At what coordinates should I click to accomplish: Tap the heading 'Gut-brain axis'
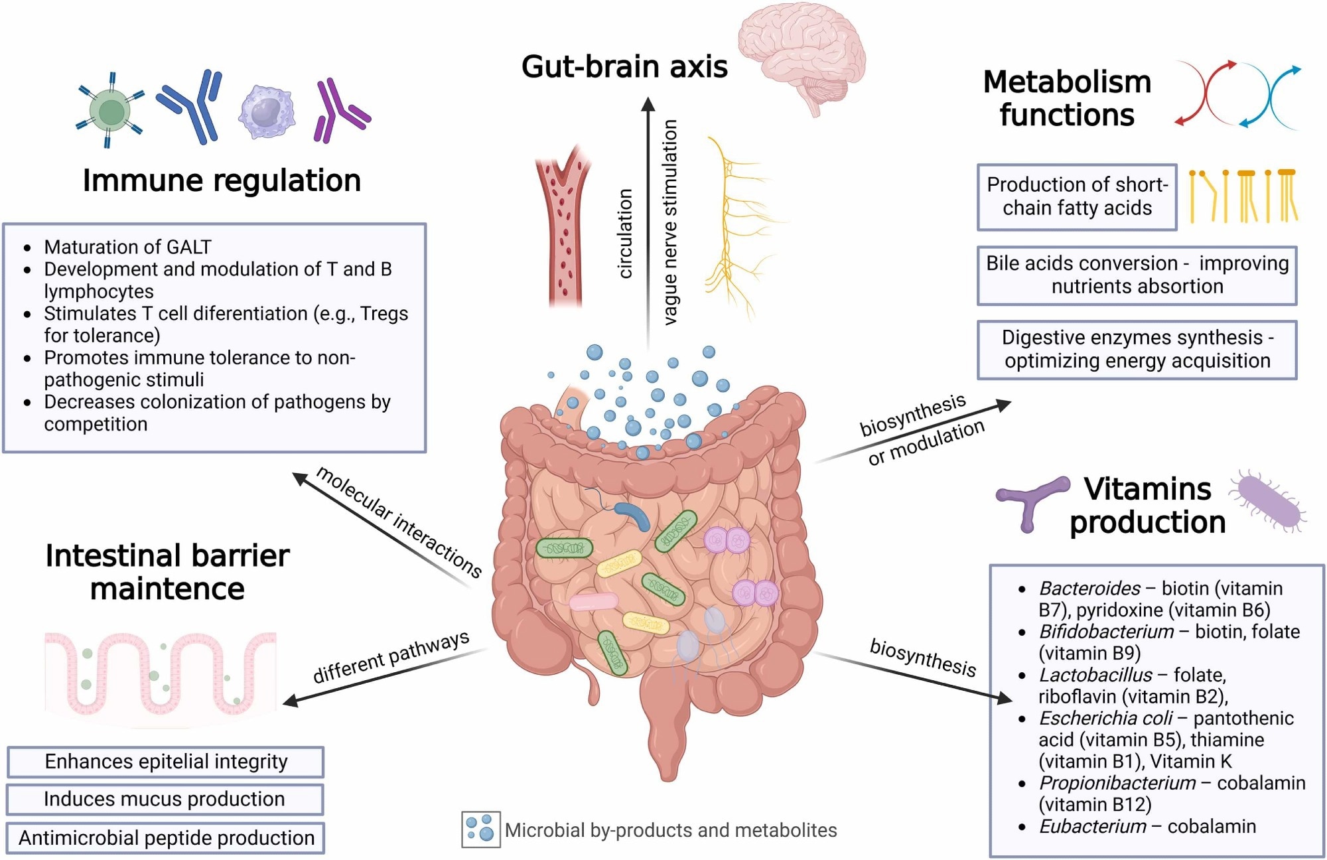[624, 66]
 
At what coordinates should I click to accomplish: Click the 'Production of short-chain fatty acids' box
[1077, 197]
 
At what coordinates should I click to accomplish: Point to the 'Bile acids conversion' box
[1137, 275]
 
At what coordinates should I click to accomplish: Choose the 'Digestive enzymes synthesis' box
[1137, 350]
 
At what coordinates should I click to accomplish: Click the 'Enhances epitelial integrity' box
[166, 762]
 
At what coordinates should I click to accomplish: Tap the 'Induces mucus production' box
[165, 800]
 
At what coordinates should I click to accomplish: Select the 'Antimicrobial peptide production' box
[166, 838]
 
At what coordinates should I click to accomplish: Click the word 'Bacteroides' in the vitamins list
[1089, 589]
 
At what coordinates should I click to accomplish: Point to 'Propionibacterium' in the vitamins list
[1117, 783]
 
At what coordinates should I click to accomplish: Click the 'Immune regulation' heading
[222, 180]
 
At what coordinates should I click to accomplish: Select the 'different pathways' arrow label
[391, 658]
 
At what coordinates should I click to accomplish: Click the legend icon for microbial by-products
[480, 829]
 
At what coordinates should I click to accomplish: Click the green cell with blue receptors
[110, 111]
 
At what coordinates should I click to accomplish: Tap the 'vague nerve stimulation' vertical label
[671, 222]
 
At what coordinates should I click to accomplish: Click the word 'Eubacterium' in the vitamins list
[1092, 827]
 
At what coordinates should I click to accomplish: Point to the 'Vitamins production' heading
[1147, 506]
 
